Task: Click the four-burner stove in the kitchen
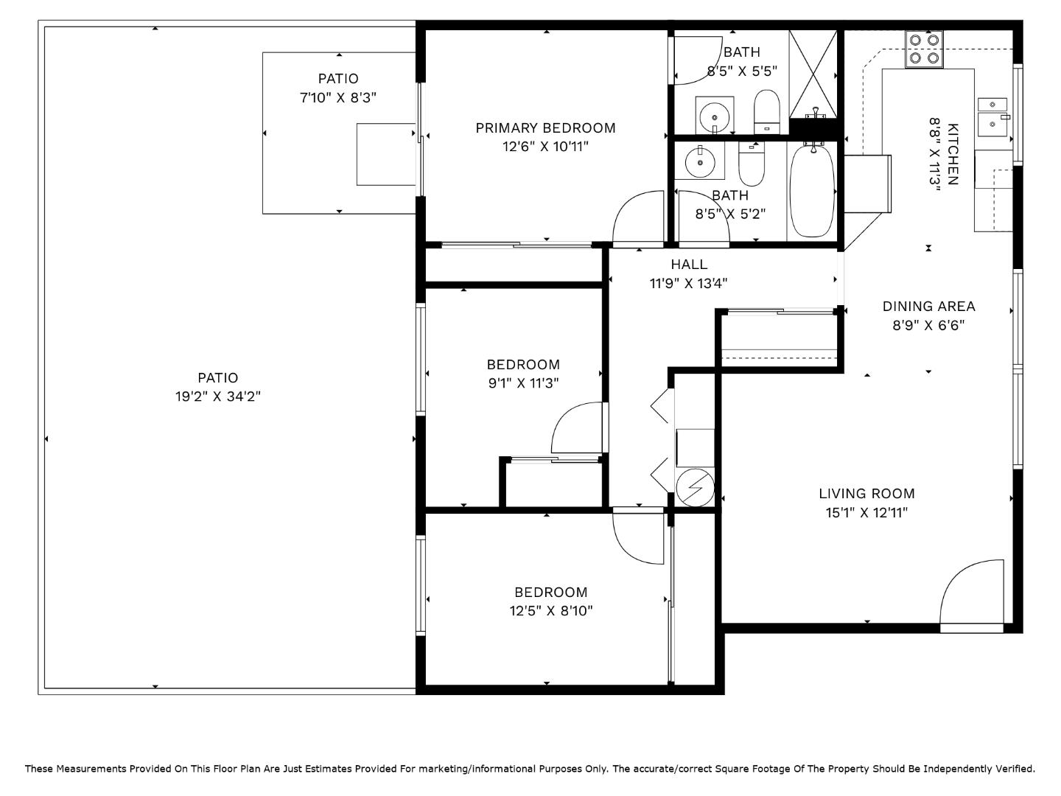(925, 49)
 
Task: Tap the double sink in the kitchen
(993, 114)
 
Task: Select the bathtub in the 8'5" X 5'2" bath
(812, 190)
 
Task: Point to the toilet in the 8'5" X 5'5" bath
(766, 111)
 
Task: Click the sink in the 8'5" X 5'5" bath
(715, 115)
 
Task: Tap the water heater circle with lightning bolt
(695, 487)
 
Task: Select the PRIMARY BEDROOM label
(545, 128)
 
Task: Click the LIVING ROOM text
(866, 494)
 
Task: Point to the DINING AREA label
(928, 307)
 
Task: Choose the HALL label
(689, 265)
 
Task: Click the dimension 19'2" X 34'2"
(218, 397)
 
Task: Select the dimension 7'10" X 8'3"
(338, 97)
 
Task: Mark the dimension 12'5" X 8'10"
(551, 610)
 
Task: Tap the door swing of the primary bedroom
(639, 217)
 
